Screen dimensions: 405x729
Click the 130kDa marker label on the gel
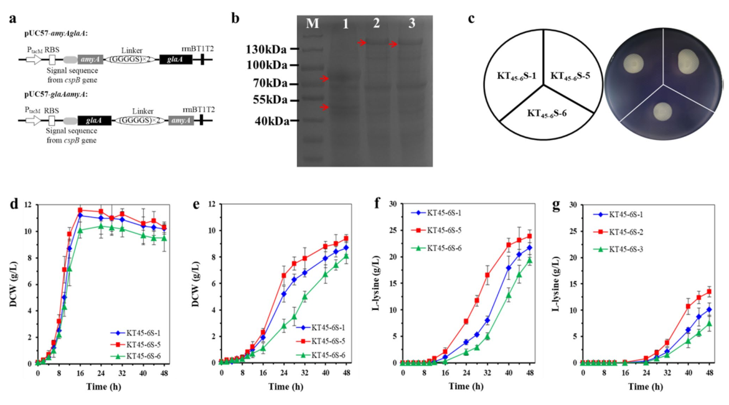265,48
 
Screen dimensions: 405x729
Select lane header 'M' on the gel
313,24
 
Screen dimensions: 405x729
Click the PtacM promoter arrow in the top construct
35,60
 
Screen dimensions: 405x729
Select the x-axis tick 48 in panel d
164,374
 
